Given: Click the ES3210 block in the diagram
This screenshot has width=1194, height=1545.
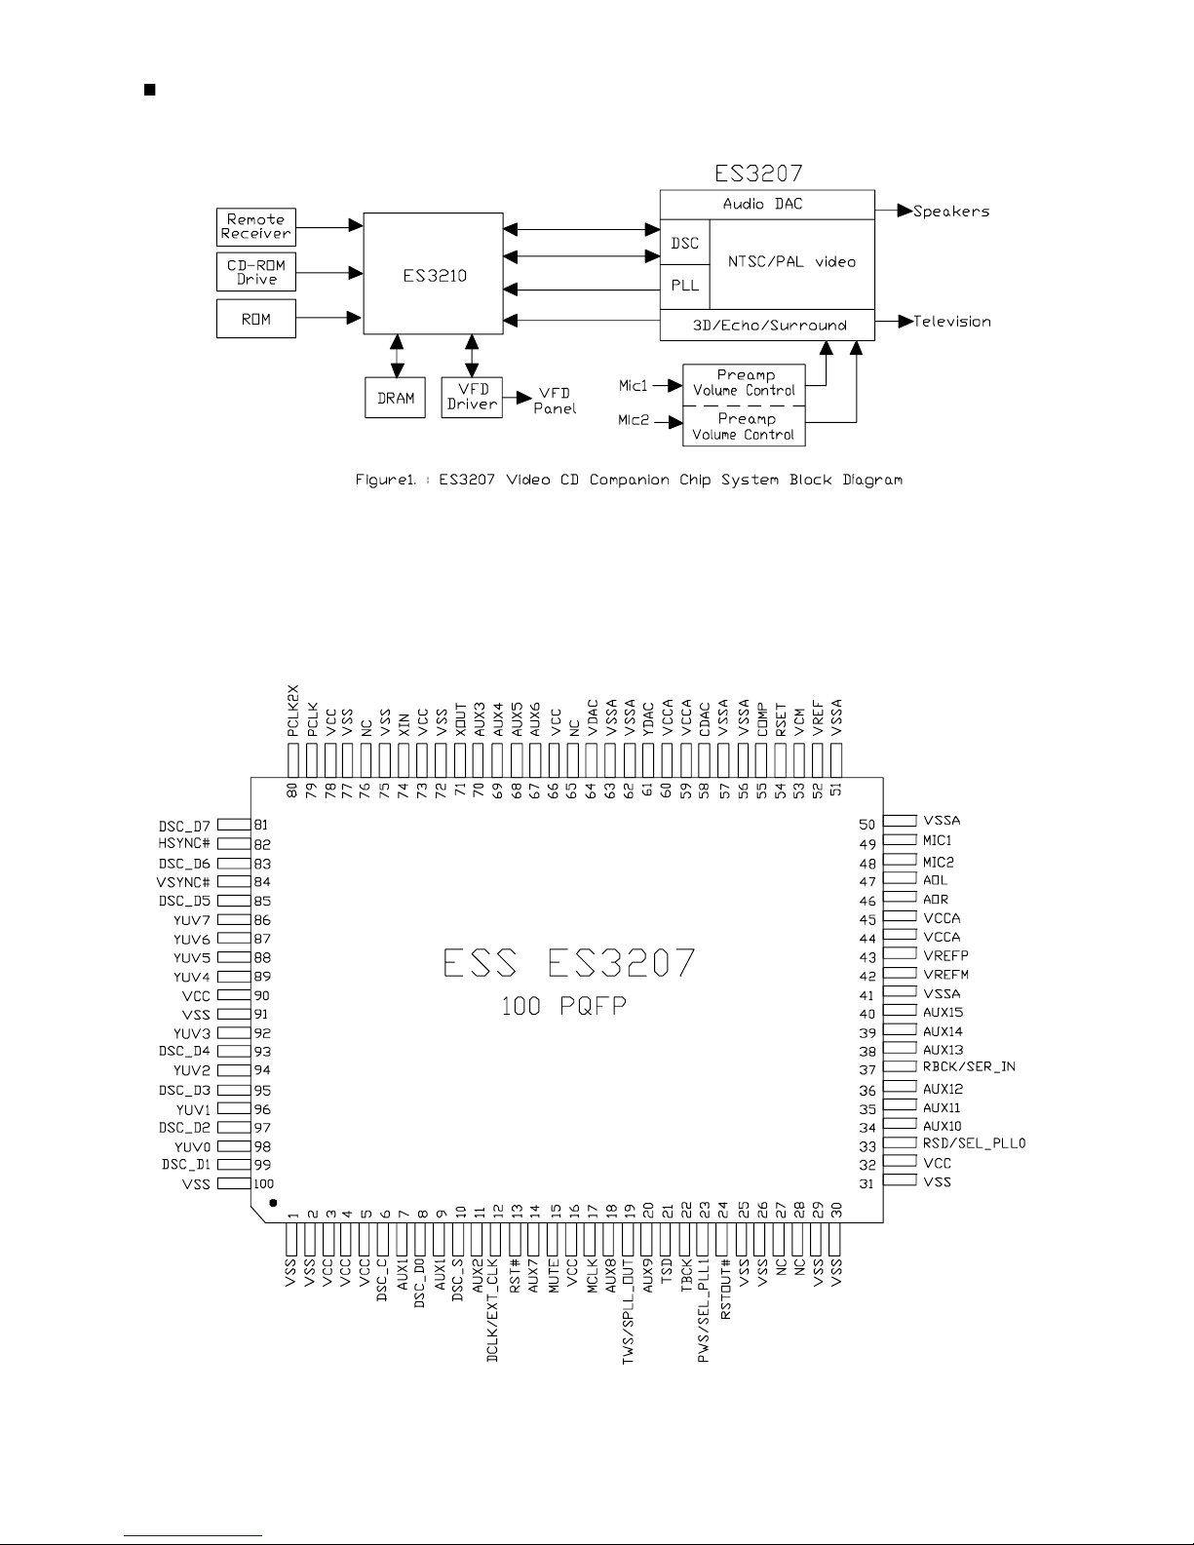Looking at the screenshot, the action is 433,274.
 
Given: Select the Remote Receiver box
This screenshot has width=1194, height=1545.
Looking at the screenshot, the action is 255,227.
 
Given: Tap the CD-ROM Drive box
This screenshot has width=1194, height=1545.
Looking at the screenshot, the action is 255,272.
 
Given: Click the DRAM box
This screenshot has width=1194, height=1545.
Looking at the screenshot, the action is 395,398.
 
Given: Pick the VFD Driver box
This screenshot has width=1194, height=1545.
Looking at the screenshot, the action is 472,398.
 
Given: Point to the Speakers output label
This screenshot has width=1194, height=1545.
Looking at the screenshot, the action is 951,212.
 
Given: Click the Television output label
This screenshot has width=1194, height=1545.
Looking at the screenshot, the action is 951,322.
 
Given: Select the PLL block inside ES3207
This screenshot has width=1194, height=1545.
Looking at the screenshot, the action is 685,286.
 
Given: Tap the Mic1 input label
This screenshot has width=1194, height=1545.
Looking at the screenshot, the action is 634,385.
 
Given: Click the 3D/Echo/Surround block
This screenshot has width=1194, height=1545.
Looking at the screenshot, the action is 768,325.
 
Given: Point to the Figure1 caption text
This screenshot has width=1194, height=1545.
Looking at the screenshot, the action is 629,480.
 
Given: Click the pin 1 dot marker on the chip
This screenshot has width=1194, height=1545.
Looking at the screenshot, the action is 273,1203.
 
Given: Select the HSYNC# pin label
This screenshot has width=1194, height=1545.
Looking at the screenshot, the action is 184,844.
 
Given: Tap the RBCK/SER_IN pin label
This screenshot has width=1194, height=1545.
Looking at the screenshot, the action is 969,1066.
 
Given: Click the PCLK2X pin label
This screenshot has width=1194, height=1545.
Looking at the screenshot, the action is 292,711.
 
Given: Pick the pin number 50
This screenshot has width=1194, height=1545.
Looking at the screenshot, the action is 867,825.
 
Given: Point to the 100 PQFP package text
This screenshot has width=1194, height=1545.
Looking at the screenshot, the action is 564,1006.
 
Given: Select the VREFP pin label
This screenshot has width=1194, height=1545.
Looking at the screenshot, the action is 946,955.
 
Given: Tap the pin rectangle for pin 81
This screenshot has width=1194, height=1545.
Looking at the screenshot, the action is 234,825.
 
